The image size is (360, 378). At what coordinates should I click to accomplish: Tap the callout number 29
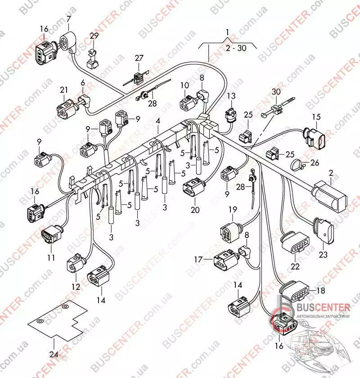pos(94,36)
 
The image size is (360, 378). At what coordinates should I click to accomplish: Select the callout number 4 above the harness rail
pos(158,121)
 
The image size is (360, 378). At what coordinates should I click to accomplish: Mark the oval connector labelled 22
pos(295,243)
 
